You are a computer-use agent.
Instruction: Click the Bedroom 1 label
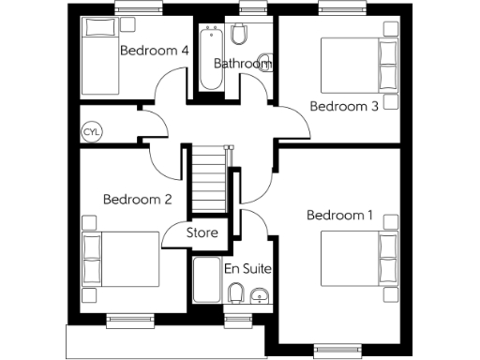pos(339,216)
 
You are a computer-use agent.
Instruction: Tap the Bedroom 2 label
pos(137,199)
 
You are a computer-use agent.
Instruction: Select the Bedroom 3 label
pos(344,106)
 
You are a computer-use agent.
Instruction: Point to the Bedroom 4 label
pos(155,50)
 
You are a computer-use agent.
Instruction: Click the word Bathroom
pos(242,64)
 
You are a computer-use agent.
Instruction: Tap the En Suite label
pos(247,269)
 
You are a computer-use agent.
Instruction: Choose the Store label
pos(202,232)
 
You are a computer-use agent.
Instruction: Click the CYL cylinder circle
pos(92,131)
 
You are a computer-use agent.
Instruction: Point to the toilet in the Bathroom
pos(240,36)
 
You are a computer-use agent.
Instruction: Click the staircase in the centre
pos(212,180)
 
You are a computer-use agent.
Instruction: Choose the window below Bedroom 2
pos(128,321)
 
